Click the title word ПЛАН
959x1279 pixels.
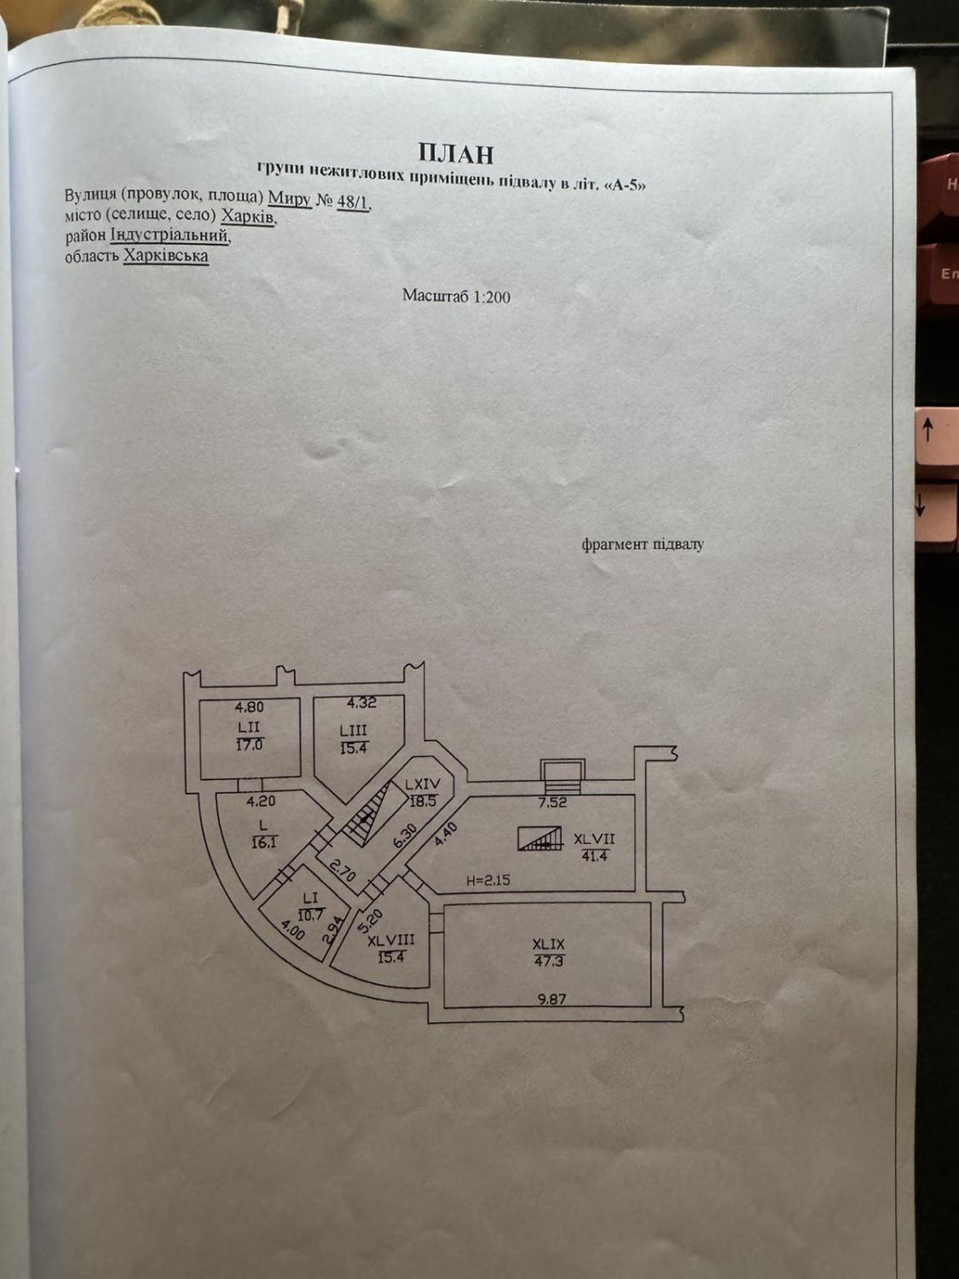coord(456,153)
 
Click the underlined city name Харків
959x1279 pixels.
coord(247,217)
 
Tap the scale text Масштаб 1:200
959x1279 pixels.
coord(456,296)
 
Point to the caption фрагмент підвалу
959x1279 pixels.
coord(642,544)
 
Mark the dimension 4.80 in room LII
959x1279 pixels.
coord(249,708)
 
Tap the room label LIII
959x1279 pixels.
coord(354,731)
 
